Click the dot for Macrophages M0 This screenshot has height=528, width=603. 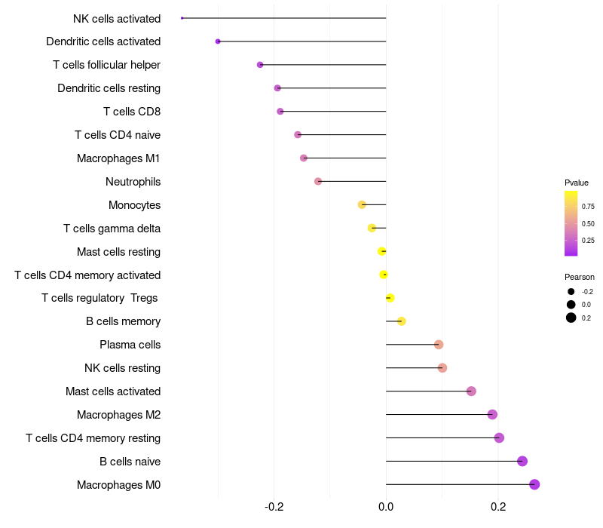point(534,484)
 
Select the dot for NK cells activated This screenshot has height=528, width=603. point(182,18)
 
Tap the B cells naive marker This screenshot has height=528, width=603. point(522,461)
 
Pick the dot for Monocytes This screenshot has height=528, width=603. point(362,204)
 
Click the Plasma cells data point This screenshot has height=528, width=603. point(439,345)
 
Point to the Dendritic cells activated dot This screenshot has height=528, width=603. point(218,41)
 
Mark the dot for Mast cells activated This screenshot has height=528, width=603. point(471,391)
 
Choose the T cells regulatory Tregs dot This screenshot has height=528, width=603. point(390,298)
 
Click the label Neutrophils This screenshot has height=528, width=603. point(133,182)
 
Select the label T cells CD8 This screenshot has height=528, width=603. point(132,112)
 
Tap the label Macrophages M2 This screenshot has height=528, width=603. point(118,415)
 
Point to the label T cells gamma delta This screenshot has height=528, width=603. point(112,229)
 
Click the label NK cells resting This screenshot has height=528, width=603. point(122,368)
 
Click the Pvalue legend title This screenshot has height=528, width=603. point(577,183)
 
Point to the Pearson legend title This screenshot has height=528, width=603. point(580,277)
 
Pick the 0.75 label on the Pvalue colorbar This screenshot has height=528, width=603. point(588,206)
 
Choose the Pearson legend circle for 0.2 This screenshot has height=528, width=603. point(571,318)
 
